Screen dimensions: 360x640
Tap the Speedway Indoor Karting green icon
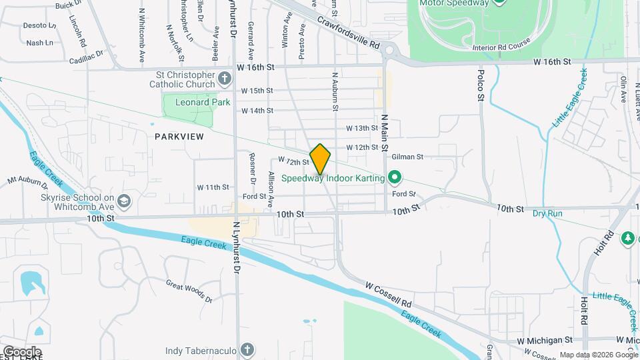tap(395, 178)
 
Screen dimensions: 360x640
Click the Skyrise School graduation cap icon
tap(124, 201)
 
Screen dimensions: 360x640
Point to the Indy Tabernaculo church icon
tap(247, 350)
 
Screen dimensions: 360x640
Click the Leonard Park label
tap(202, 103)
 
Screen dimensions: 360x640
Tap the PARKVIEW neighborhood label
tap(179, 136)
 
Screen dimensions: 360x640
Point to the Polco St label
tap(480, 85)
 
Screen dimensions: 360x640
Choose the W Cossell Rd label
tap(389, 294)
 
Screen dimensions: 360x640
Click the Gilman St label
tap(407, 157)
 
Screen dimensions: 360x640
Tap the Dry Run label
tap(547, 214)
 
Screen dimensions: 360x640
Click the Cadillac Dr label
tap(87, 56)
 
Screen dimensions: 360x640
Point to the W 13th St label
tap(362, 128)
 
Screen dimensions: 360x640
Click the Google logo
tap(21, 351)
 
